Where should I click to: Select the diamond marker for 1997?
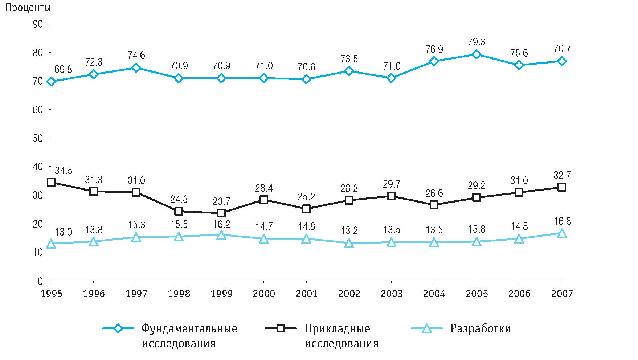(x=136, y=68)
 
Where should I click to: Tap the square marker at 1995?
(x=51, y=182)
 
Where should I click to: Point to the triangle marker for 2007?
(x=562, y=233)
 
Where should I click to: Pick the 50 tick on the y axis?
(x=38, y=138)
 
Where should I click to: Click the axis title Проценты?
(x=27, y=8)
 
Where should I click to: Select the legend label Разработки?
(x=480, y=329)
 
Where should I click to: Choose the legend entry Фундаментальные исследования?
(x=189, y=336)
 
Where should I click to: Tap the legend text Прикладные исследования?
(x=341, y=336)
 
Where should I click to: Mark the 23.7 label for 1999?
(x=221, y=201)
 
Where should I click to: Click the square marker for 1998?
(x=179, y=211)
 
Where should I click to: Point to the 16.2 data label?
(x=221, y=224)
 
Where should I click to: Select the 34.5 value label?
(x=63, y=170)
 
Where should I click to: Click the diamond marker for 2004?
(x=434, y=61)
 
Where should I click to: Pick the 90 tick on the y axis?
(x=38, y=24)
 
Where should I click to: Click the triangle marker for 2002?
(x=349, y=243)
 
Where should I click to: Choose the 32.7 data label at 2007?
(x=562, y=176)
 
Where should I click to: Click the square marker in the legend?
(x=281, y=329)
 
